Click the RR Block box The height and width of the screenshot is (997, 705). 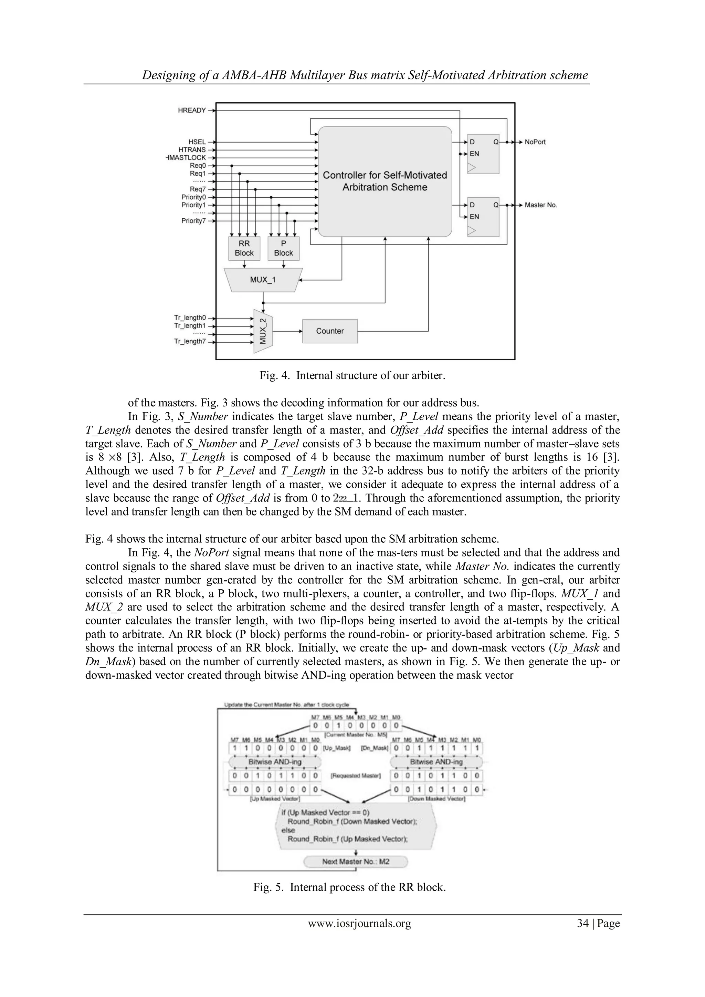click(x=244, y=248)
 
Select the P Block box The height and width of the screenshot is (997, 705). click(x=283, y=248)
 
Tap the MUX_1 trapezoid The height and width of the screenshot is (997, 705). click(x=263, y=280)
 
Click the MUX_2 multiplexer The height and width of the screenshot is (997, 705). click(x=263, y=331)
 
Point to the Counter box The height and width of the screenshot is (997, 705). click(x=330, y=331)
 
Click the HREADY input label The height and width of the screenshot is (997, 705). click(x=191, y=110)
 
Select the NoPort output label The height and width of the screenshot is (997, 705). click(x=535, y=142)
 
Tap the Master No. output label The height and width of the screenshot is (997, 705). click(x=540, y=205)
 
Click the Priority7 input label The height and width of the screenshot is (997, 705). click(x=193, y=221)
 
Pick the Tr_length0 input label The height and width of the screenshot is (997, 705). click(x=190, y=318)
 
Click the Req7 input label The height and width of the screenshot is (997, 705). click(x=198, y=189)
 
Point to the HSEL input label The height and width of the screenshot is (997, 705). click(x=197, y=142)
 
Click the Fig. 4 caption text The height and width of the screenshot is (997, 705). click(x=352, y=375)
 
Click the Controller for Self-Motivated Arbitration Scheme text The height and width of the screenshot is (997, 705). click(x=385, y=181)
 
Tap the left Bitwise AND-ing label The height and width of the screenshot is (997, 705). click(x=275, y=762)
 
